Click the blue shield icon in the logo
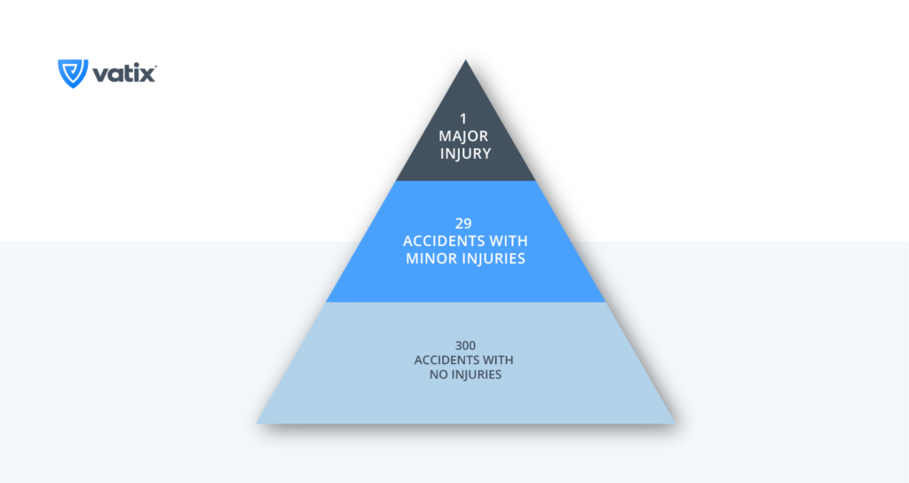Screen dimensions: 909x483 coord(73,74)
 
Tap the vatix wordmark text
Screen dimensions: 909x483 coord(124,74)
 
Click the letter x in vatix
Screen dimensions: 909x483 coord(146,75)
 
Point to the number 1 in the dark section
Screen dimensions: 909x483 coord(463,119)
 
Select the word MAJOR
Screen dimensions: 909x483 coord(463,136)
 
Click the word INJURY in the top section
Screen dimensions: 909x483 coord(465,154)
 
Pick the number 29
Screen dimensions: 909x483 coord(463,223)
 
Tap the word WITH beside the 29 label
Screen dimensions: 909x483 coord(508,241)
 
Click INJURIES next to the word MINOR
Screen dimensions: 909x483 coord(493,258)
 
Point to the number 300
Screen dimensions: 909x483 coord(465,345)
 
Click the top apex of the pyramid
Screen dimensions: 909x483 coord(465,59)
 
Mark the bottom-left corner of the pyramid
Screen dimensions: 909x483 coord(257,423)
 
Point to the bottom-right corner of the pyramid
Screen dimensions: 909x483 coord(676,423)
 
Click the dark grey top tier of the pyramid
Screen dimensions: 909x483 coord(465,139)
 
